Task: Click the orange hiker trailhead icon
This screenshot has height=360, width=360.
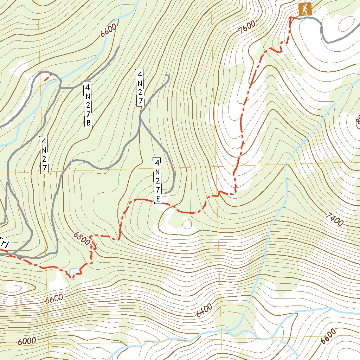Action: click(305, 9)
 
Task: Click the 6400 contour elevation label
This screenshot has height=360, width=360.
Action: click(204, 310)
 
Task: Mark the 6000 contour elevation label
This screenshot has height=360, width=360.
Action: click(27, 341)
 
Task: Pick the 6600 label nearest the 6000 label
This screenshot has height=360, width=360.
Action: click(54, 299)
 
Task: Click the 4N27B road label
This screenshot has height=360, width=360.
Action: click(88, 105)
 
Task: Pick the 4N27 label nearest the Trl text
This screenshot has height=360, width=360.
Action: click(44, 154)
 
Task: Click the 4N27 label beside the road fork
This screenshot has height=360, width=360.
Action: click(140, 88)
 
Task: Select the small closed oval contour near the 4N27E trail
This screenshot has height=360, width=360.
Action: click(187, 224)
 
